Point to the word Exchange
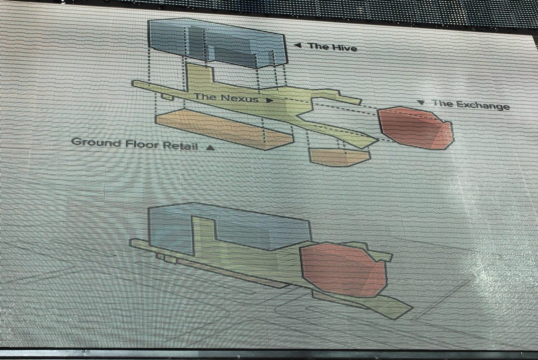(x=483, y=105)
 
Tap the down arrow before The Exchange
(x=421, y=103)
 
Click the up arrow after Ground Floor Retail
(x=210, y=147)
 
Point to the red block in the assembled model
(x=344, y=269)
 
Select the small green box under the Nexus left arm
(x=167, y=97)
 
